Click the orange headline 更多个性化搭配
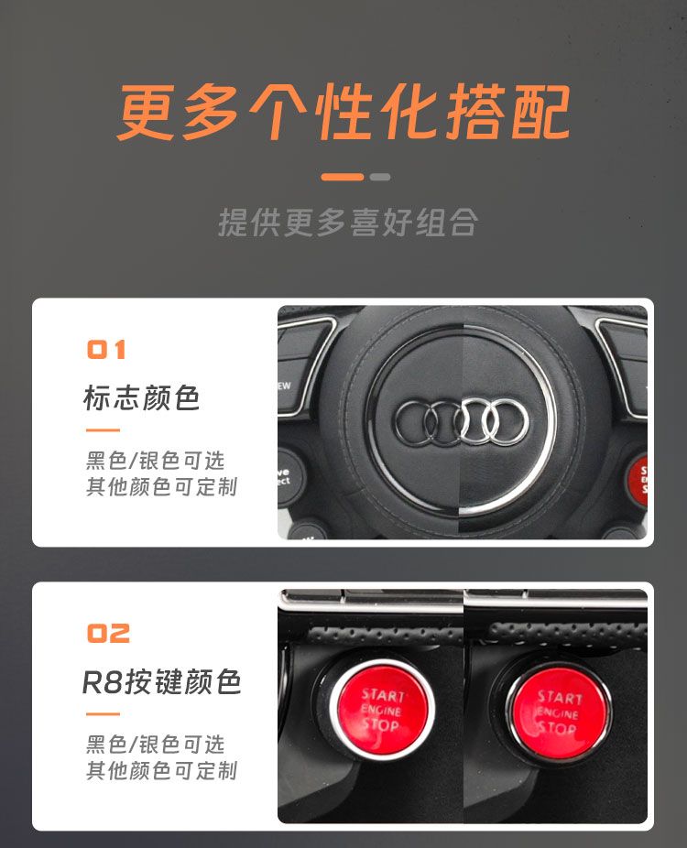click(343, 112)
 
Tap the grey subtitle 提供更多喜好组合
click(348, 223)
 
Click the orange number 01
click(106, 350)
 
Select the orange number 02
click(108, 634)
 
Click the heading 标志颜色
click(142, 398)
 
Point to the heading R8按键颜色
click(161, 681)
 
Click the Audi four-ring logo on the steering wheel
click(462, 421)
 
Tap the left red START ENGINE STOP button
click(382, 709)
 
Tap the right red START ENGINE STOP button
click(558, 712)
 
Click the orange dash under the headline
click(343, 177)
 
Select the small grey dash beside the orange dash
click(380, 177)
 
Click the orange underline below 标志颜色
click(103, 430)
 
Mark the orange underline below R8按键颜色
click(103, 714)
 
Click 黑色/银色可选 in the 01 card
click(155, 461)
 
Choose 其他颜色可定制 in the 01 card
click(161, 487)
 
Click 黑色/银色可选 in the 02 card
click(155, 745)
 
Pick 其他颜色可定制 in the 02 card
click(161, 770)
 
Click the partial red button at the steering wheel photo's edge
click(638, 479)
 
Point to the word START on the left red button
click(383, 695)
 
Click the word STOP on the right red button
click(556, 727)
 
